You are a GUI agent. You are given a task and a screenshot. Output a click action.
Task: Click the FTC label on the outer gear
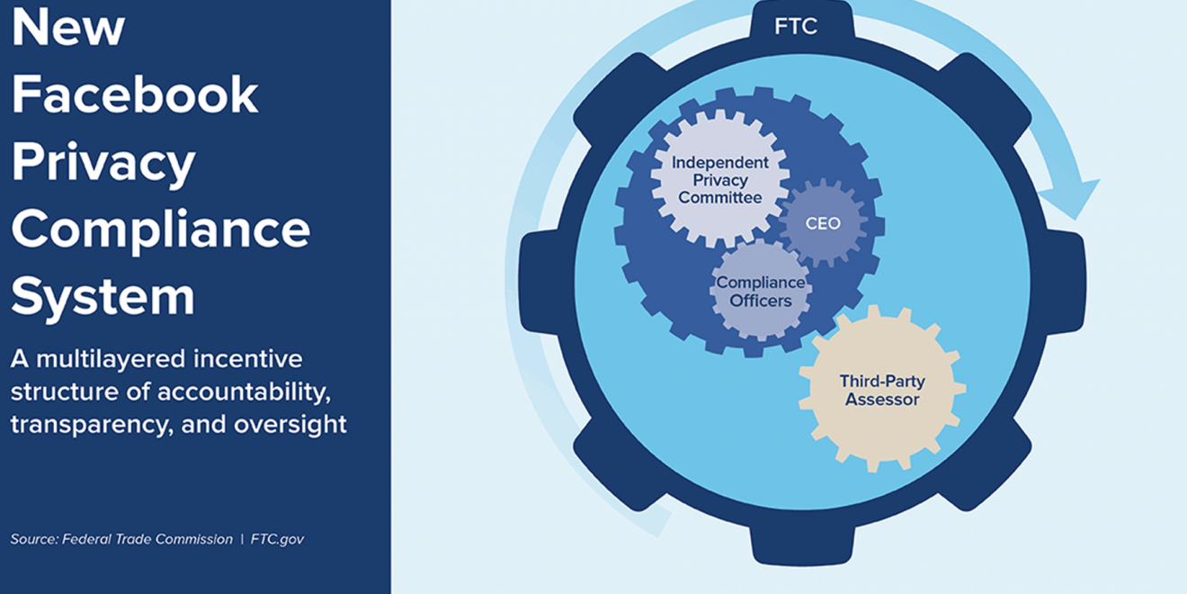[x=796, y=26]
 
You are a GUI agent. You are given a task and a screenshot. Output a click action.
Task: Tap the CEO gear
[x=823, y=223]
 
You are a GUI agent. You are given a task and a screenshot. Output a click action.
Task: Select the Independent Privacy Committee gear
[x=719, y=179]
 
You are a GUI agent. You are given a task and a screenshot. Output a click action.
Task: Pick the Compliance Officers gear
[x=761, y=292]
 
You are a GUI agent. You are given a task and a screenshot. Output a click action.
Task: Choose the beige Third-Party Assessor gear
[x=882, y=389]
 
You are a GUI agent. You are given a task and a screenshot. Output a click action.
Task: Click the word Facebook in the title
[x=135, y=94]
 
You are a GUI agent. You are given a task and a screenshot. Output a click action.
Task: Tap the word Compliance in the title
[x=161, y=230]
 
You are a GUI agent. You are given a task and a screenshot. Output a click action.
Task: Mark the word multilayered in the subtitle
[x=111, y=360]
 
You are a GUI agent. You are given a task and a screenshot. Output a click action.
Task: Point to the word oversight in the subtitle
[x=290, y=425]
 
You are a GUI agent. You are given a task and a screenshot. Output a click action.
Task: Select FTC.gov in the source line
[x=277, y=539]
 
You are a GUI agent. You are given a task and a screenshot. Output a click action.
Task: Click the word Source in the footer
[x=34, y=539]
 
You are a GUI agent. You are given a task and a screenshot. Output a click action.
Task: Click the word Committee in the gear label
[x=720, y=198]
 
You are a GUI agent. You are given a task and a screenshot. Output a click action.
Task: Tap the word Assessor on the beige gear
[x=882, y=400]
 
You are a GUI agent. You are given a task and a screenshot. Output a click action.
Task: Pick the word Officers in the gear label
[x=761, y=301]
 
